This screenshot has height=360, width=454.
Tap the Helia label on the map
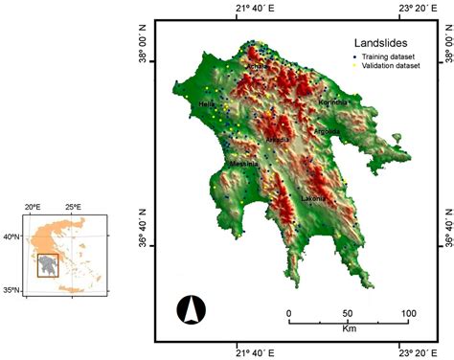(x=207, y=104)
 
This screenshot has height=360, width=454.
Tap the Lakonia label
(x=313, y=198)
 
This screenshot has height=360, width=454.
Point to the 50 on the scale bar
(x=347, y=314)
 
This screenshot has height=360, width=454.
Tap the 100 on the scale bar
(x=407, y=314)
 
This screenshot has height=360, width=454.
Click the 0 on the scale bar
(x=289, y=314)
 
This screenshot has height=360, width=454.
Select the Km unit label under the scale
(x=349, y=331)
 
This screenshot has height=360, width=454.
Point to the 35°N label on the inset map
(x=11, y=289)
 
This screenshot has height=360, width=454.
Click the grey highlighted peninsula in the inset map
(x=47, y=263)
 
